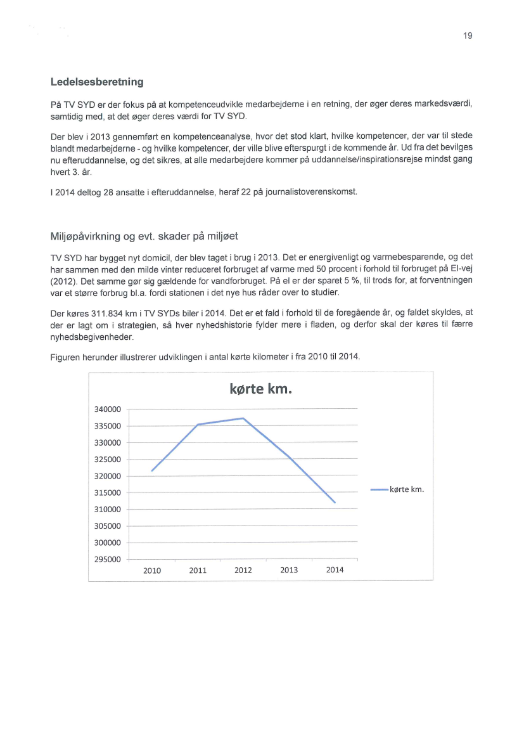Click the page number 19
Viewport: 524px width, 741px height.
point(468,36)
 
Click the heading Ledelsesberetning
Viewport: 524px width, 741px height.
point(97,82)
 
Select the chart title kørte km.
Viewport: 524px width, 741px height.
point(260,388)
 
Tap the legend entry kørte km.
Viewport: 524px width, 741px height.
point(406,489)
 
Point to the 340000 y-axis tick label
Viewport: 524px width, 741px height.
point(108,409)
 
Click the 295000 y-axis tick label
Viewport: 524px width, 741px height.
point(108,560)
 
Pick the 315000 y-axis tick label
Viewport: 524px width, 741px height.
point(108,493)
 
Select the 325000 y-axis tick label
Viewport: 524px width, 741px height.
point(108,460)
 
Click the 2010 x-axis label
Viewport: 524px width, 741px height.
point(152,570)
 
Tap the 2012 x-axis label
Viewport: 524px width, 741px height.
point(243,570)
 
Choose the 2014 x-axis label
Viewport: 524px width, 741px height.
point(335,570)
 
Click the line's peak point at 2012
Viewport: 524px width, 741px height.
point(243,418)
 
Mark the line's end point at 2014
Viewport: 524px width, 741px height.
point(335,503)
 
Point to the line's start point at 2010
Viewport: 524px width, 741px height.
point(152,471)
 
